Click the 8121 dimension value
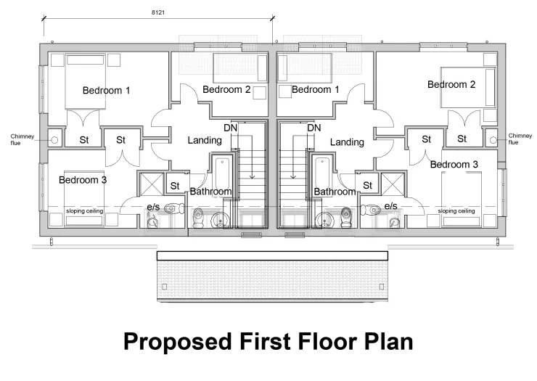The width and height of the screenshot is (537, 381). (158, 12)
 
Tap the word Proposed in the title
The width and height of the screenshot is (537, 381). (177, 342)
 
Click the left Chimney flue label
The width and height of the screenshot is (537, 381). (22, 140)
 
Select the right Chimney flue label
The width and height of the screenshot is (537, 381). (520, 139)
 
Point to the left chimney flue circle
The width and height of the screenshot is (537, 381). (54, 140)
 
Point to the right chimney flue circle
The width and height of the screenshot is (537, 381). (493, 140)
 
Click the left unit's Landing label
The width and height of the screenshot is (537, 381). (205, 141)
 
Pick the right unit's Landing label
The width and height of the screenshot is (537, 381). (347, 142)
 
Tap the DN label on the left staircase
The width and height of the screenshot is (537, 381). (231, 128)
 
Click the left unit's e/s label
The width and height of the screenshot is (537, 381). (153, 207)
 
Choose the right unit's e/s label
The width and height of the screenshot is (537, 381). (390, 206)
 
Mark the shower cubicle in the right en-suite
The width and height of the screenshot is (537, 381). (393, 184)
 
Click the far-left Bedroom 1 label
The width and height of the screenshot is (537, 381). (106, 91)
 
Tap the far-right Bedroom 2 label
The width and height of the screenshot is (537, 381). (451, 84)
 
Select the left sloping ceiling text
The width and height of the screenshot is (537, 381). (85, 211)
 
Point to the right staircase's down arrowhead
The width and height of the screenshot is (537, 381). (293, 177)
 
